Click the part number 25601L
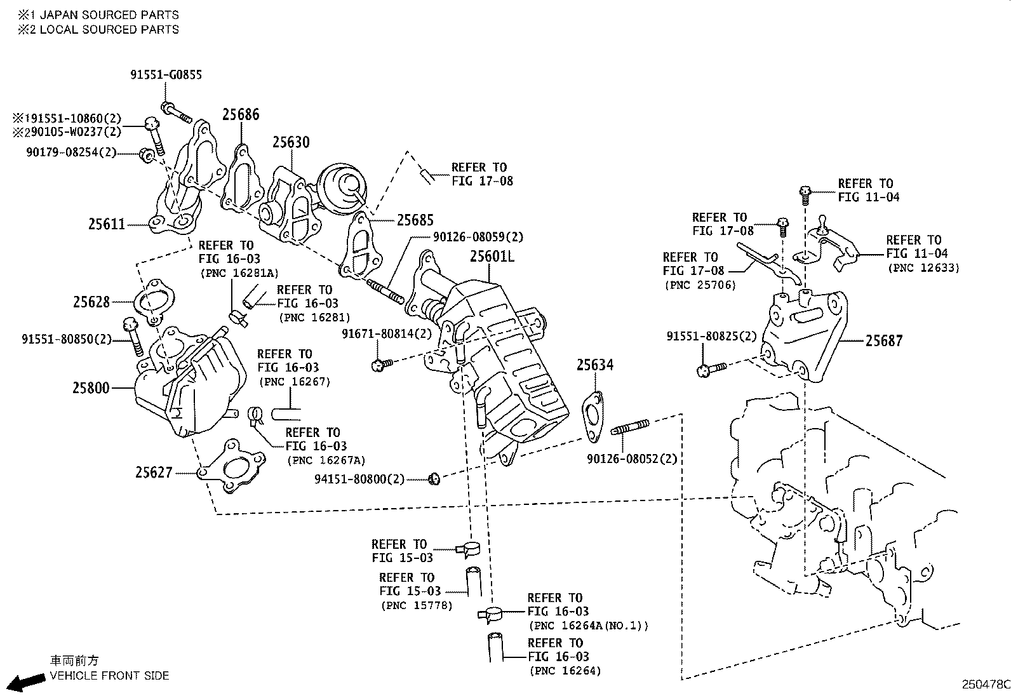click(x=492, y=257)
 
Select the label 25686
click(x=241, y=114)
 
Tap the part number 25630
click(x=291, y=142)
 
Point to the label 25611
click(x=107, y=224)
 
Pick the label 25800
click(x=91, y=387)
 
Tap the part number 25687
click(x=884, y=341)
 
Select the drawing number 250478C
click(x=985, y=685)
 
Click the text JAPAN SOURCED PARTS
click(x=109, y=15)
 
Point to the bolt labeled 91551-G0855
click(x=176, y=113)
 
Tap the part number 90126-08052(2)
click(x=632, y=459)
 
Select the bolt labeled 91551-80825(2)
click(x=711, y=369)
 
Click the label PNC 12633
click(x=924, y=268)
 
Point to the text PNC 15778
click(x=417, y=605)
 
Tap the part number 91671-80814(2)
click(x=386, y=333)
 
